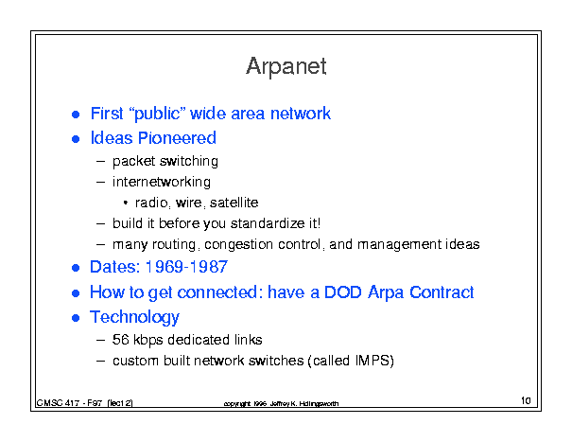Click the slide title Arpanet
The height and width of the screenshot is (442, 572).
[x=286, y=66]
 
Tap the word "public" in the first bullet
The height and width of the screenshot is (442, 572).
[x=157, y=114]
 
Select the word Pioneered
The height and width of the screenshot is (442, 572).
[x=178, y=138]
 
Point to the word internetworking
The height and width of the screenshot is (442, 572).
[x=162, y=182]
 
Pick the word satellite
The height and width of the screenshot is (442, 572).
[x=234, y=203]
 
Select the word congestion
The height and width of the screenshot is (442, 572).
[x=238, y=244]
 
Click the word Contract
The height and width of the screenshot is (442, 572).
[x=442, y=292]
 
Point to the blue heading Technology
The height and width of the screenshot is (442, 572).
[x=134, y=317]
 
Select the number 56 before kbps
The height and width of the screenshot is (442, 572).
[x=121, y=340]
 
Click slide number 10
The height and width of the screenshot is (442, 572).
[x=526, y=400]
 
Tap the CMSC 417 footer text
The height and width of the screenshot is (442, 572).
[x=84, y=403]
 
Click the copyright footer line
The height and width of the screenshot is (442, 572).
[x=281, y=403]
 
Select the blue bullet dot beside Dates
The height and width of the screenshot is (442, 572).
[x=76, y=268]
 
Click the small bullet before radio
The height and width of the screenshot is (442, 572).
[x=126, y=203]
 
